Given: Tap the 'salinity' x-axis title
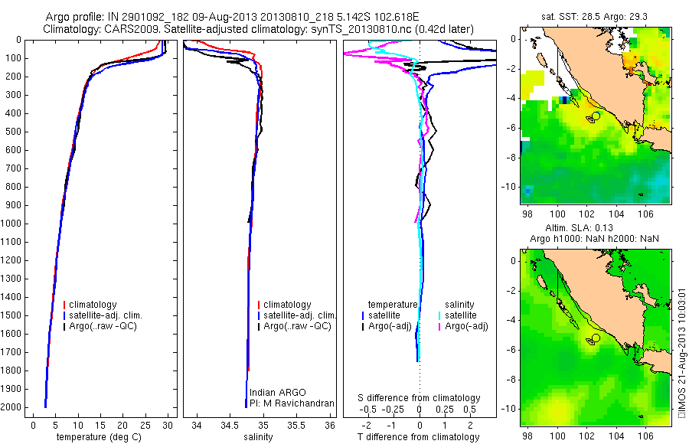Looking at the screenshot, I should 259,437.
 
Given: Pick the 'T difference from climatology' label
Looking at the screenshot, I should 420,437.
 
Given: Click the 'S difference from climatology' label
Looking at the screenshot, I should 420,398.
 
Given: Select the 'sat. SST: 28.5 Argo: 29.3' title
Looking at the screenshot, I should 596,16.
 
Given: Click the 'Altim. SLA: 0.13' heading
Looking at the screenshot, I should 596,229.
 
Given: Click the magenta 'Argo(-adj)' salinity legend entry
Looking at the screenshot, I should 466,326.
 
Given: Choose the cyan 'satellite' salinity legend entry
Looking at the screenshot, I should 461,315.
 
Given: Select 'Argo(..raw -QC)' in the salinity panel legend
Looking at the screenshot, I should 297,326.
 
